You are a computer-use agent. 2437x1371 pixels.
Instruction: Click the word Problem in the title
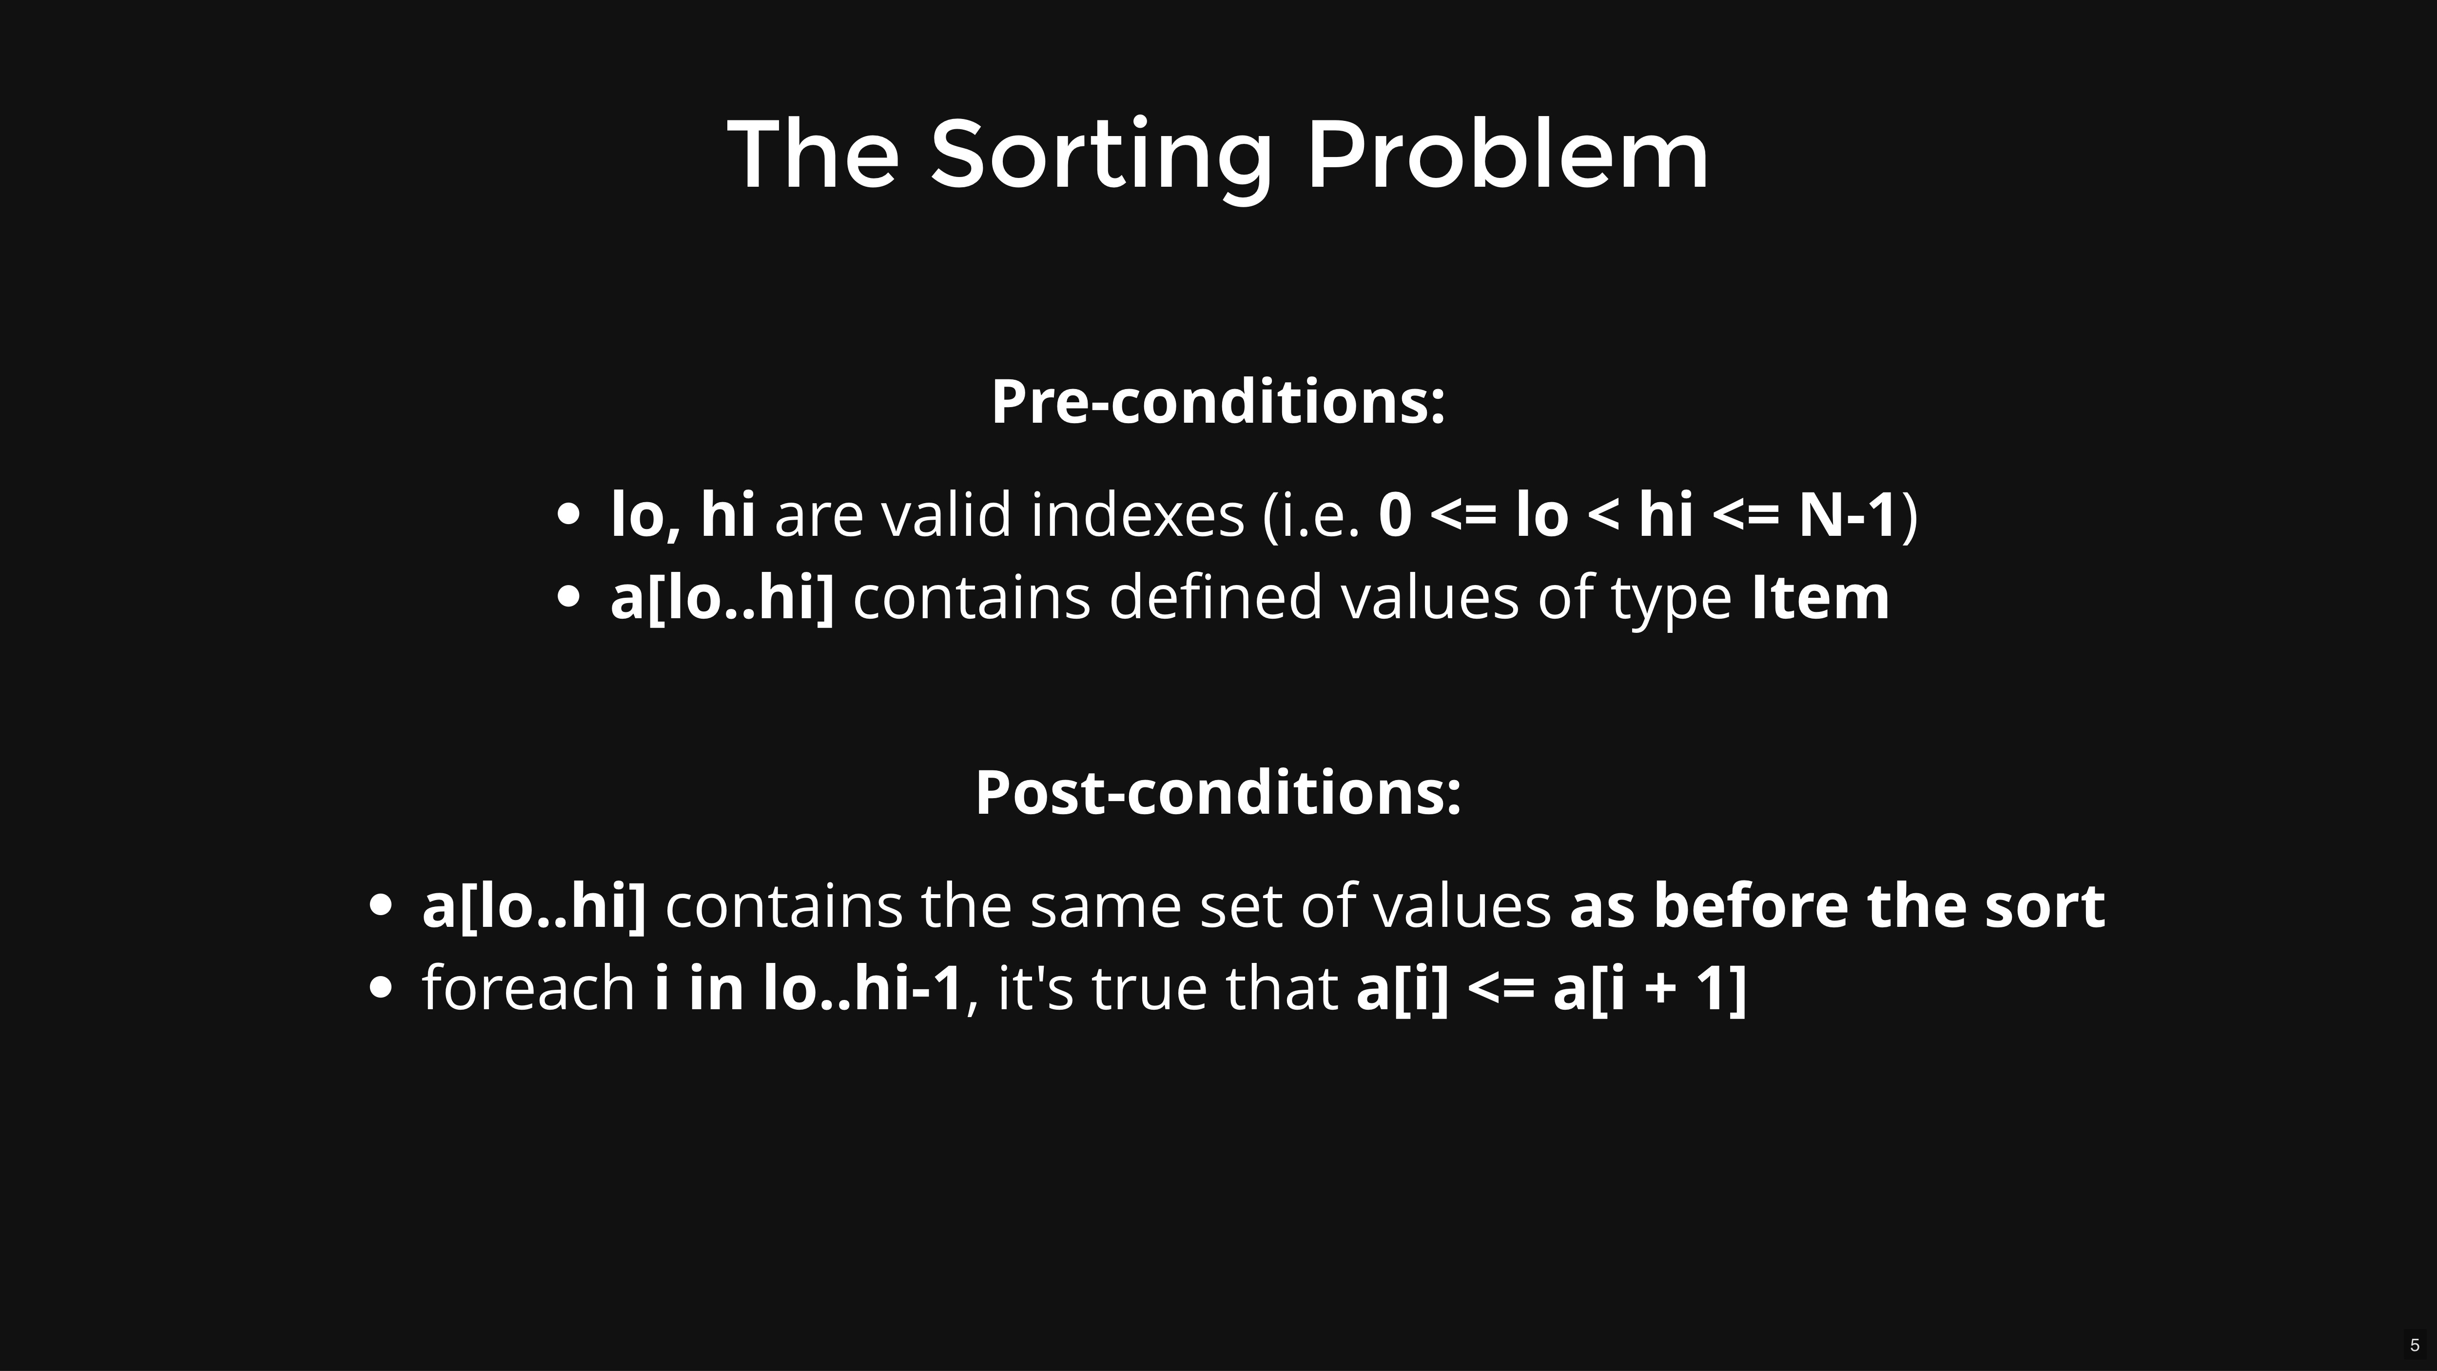click(1508, 153)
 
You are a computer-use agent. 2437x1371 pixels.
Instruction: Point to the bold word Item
click(1820, 597)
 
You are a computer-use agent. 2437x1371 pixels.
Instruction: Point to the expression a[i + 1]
click(1650, 989)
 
